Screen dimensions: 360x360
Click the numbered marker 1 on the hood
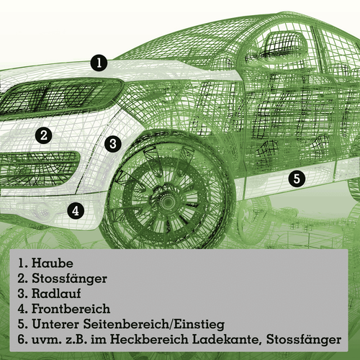click(x=99, y=63)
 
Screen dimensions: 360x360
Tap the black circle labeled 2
click(x=45, y=135)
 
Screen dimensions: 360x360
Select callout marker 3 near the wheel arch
click(x=112, y=143)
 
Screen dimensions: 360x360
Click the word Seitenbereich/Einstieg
click(x=158, y=325)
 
